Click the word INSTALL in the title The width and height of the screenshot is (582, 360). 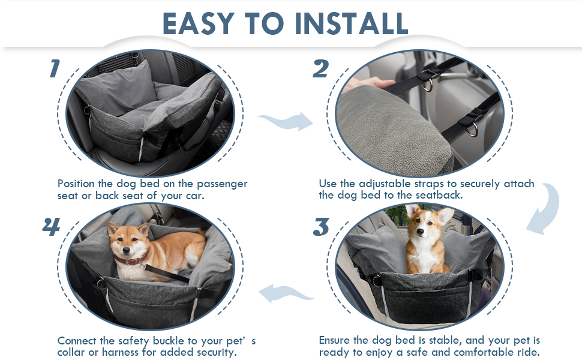point(351,23)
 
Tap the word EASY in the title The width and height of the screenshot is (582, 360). point(199,23)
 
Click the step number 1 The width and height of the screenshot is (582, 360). point(55,68)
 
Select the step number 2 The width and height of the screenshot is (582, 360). point(320,68)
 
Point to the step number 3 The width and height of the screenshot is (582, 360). point(321,227)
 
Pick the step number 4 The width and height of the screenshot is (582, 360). point(51,226)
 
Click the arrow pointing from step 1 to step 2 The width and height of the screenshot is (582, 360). point(286,121)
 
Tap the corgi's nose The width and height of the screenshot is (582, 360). point(420,232)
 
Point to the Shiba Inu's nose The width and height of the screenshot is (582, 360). point(125,251)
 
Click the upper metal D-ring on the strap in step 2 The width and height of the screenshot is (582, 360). point(427,85)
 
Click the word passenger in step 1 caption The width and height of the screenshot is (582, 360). point(222,184)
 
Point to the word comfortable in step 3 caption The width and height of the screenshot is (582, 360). point(484,352)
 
